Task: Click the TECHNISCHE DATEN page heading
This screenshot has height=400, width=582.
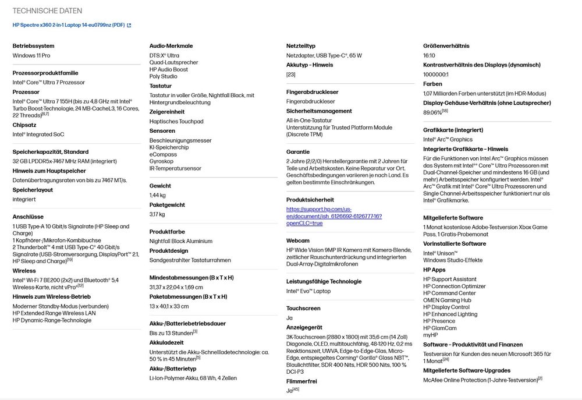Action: coord(47,11)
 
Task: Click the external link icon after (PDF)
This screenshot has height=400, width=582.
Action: coord(129,25)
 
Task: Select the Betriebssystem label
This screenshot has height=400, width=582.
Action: coord(33,46)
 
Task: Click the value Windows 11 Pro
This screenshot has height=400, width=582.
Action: coord(31,56)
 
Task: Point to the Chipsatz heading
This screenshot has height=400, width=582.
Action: coord(24,124)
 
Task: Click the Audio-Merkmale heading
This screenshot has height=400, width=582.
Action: coord(171,46)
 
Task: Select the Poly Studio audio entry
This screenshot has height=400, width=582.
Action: coord(164,76)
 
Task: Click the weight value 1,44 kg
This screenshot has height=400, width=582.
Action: coord(158,196)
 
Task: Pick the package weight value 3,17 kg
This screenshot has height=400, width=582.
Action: coord(157,214)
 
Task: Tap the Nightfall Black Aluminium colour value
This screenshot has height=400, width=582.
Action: coord(181,241)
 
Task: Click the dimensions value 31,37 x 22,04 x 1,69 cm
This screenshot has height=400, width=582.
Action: coord(176,287)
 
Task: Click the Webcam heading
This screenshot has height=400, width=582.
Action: coord(298,240)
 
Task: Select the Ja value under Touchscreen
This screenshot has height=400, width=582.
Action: coord(289,318)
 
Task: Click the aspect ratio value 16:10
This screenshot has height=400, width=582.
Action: coord(430,56)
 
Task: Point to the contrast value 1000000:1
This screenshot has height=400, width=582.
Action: coord(436,75)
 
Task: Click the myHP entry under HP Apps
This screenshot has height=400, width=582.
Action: coord(431,335)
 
